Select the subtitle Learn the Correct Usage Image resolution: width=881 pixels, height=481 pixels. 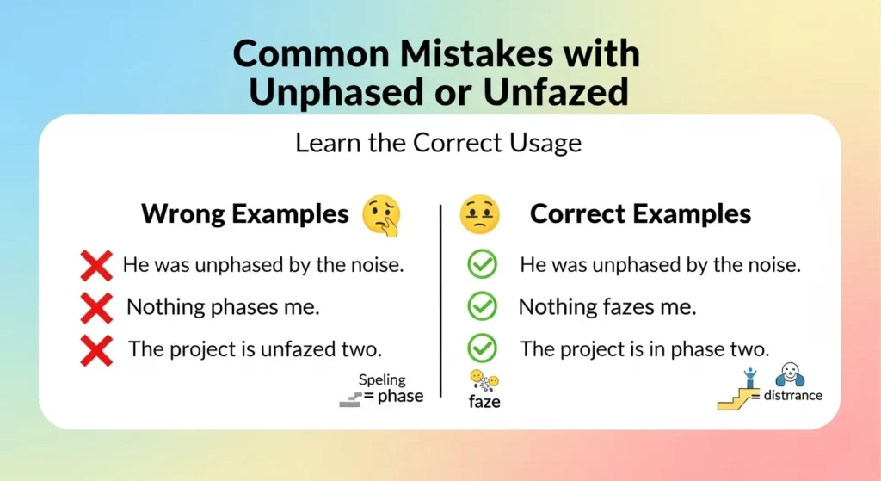click(x=438, y=143)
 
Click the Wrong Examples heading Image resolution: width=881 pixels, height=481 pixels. click(x=245, y=214)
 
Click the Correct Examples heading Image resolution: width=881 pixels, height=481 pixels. click(x=640, y=214)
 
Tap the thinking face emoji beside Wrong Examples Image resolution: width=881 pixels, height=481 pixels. click(x=380, y=216)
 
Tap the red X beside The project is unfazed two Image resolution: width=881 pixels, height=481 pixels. click(x=96, y=349)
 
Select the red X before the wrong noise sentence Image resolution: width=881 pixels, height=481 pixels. click(x=96, y=265)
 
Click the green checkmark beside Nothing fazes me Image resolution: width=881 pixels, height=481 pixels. click(x=482, y=306)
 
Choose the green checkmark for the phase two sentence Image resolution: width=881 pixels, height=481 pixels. click(x=482, y=348)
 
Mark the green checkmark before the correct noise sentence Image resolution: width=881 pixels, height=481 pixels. click(x=482, y=265)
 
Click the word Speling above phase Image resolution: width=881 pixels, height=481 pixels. click(x=382, y=379)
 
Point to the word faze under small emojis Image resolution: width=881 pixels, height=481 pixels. click(x=484, y=402)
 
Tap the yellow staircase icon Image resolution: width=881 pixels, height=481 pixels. click(x=733, y=397)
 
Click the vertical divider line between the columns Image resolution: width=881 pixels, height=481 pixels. click(x=440, y=301)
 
